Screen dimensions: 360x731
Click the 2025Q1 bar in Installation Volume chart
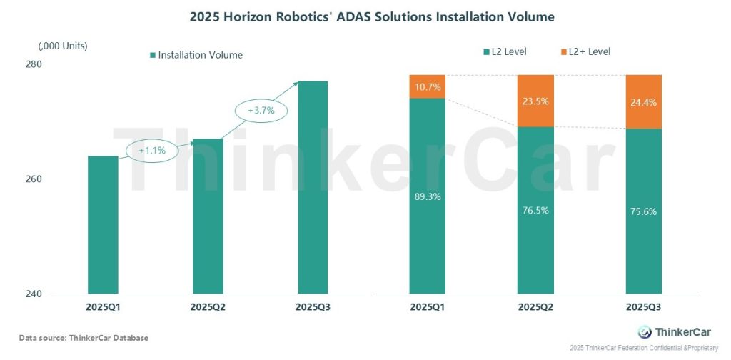[103, 224]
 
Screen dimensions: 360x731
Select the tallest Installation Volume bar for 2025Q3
[312, 187]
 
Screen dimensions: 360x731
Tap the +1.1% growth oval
[152, 151]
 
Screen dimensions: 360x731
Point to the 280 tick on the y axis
[34, 64]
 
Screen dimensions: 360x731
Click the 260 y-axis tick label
[34, 179]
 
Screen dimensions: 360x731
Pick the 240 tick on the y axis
[34, 294]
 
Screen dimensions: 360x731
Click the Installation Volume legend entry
[196, 55]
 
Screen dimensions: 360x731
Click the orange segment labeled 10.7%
[427, 86]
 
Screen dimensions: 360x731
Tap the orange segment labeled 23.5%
[535, 101]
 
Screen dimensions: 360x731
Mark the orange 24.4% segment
[643, 101]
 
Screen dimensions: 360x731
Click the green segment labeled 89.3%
[427, 196]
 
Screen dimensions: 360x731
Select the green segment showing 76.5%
[535, 211]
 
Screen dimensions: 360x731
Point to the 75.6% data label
[643, 211]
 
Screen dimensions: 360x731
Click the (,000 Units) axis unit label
[63, 46]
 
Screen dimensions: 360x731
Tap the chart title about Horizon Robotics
[365, 16]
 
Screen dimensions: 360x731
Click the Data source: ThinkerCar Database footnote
[84, 337]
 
